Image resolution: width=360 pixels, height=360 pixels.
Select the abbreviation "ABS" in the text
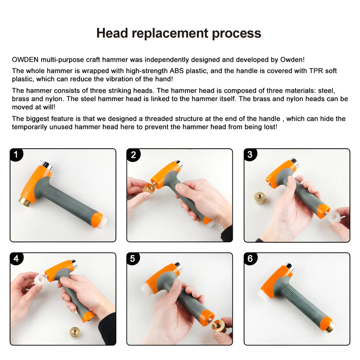click(177, 71)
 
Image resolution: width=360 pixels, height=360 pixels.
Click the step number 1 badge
click(16, 154)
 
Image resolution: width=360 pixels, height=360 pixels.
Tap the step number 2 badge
click(133, 154)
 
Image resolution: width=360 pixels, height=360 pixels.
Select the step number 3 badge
click(250, 154)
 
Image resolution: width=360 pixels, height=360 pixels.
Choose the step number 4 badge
click(16, 259)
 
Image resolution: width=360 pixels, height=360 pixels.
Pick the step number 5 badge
click(133, 259)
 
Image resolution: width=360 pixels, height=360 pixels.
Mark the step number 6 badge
click(250, 259)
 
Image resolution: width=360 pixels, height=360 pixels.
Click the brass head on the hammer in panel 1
click(25, 202)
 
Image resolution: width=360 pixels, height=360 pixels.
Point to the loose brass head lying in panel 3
click(261, 198)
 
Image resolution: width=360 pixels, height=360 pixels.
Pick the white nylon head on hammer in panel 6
click(262, 296)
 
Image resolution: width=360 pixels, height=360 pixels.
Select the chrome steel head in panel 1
click(47, 166)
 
